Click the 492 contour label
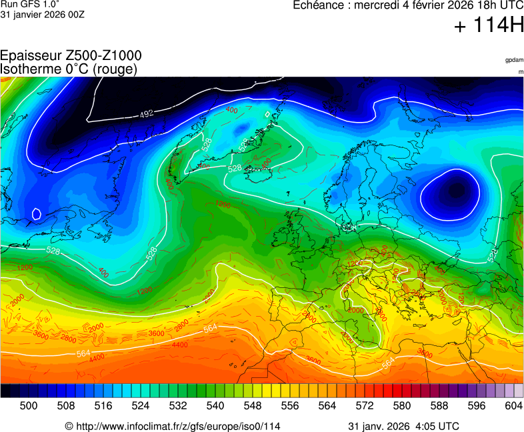[147, 114]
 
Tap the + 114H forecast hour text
[488, 27]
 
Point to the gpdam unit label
[513, 60]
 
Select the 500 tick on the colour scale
[29, 405]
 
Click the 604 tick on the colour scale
[514, 405]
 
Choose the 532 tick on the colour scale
[178, 405]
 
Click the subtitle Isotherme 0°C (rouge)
[69, 69]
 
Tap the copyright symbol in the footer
[69, 426]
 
